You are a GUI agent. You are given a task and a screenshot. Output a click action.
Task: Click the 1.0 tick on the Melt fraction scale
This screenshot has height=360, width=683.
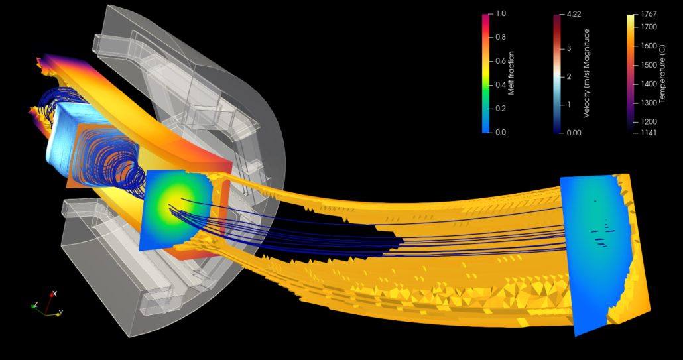pos(501,13)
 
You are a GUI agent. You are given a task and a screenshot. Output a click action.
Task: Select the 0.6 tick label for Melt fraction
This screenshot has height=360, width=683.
pos(501,61)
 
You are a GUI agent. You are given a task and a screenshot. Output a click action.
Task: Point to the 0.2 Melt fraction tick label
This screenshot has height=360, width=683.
pos(501,108)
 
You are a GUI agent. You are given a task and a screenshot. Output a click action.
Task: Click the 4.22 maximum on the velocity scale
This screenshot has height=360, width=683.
pos(574,14)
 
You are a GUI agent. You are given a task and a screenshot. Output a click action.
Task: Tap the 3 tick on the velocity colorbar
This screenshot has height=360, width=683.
pos(569,48)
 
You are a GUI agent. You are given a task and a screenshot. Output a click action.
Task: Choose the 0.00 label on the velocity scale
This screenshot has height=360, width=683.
pos(574,133)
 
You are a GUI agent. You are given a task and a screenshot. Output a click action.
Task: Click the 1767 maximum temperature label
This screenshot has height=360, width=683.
pos(649,14)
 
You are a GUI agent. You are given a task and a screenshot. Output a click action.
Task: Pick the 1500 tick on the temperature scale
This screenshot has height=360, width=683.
pos(649,65)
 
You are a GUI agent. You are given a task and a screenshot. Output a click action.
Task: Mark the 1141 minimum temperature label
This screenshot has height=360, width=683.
pos(649,133)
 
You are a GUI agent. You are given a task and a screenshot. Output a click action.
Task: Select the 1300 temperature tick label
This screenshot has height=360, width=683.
pos(649,103)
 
